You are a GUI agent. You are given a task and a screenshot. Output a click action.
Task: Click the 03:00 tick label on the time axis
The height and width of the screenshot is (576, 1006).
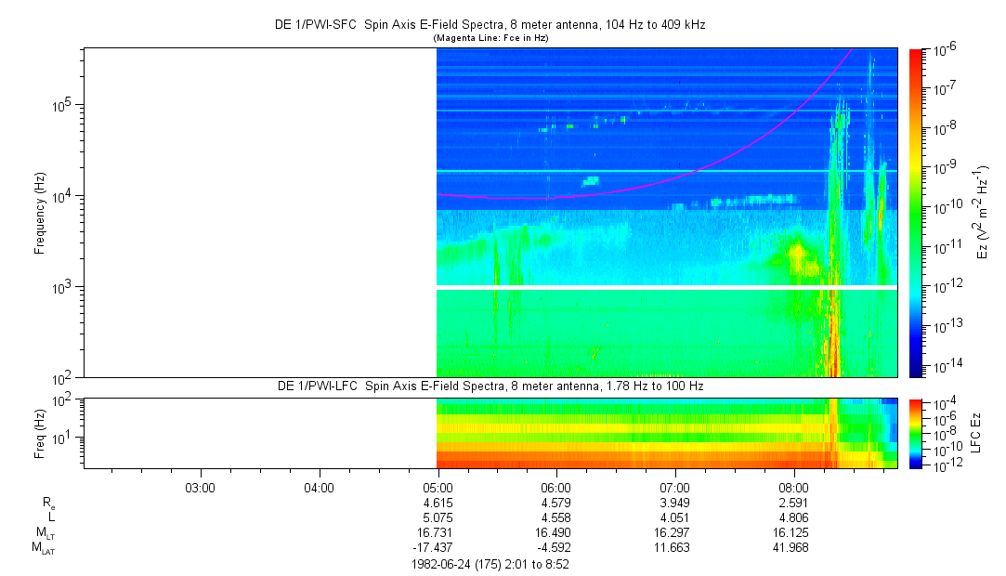pyautogui.click(x=200, y=488)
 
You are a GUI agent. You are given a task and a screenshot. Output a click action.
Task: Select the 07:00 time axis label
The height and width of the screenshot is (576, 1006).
pyautogui.click(x=674, y=488)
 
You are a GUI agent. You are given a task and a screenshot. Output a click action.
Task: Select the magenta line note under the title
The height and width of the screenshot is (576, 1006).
pyautogui.click(x=490, y=37)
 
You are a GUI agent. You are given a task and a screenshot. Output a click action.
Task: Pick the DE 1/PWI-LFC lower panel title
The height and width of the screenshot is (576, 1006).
pyautogui.click(x=490, y=386)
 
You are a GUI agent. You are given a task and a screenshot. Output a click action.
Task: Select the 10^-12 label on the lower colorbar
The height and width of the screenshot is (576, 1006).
pyautogui.click(x=947, y=464)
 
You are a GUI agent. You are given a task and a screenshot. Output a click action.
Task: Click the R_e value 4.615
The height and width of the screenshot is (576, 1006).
pyautogui.click(x=438, y=503)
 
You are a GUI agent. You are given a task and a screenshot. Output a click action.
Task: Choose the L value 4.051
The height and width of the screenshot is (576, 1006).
pyautogui.click(x=674, y=517)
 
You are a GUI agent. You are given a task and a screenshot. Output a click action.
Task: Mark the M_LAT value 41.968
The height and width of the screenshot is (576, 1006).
pyautogui.click(x=793, y=547)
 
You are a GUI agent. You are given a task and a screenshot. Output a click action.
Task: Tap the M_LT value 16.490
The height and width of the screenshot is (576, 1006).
pyautogui.click(x=556, y=532)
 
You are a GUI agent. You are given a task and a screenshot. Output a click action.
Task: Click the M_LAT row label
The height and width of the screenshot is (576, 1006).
pyautogui.click(x=42, y=547)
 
